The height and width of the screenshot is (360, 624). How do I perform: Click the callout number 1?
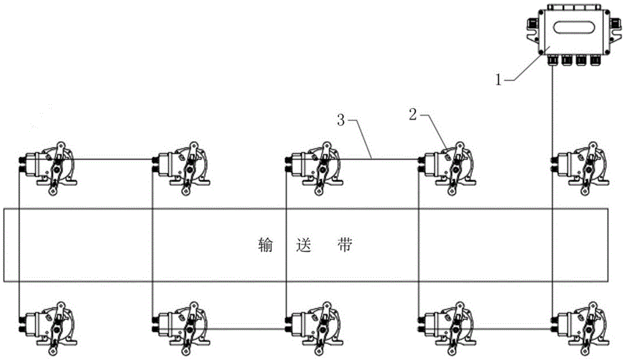[499, 80]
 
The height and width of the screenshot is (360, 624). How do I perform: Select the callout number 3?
[341, 120]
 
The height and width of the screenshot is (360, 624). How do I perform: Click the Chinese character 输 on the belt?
[265, 245]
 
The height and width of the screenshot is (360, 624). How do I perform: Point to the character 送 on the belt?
[305, 245]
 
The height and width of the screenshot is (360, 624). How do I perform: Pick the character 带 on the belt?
[343, 245]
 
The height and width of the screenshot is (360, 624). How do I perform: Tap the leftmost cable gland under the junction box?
[552, 61]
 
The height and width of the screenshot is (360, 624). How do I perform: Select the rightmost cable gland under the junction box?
[595, 61]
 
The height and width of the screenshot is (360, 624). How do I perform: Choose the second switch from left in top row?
[180, 168]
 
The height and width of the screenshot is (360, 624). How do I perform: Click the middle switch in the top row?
[314, 168]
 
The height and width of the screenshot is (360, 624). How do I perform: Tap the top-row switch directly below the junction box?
[580, 168]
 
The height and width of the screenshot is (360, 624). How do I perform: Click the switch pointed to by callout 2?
[447, 168]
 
